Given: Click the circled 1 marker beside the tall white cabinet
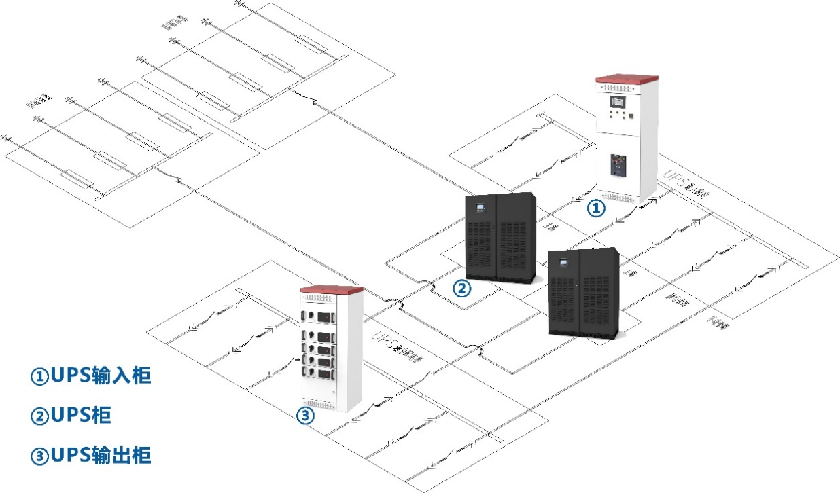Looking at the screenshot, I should pos(595,208).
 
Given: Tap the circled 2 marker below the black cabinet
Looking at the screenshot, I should pos(461,289).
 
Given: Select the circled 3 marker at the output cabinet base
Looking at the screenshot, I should pos(307,416).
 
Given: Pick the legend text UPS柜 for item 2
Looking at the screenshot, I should pos(71,416).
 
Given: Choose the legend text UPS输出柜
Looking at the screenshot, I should pos(90,455).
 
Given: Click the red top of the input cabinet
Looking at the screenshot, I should pos(627,77).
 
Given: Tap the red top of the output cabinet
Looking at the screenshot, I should pos(331,290).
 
